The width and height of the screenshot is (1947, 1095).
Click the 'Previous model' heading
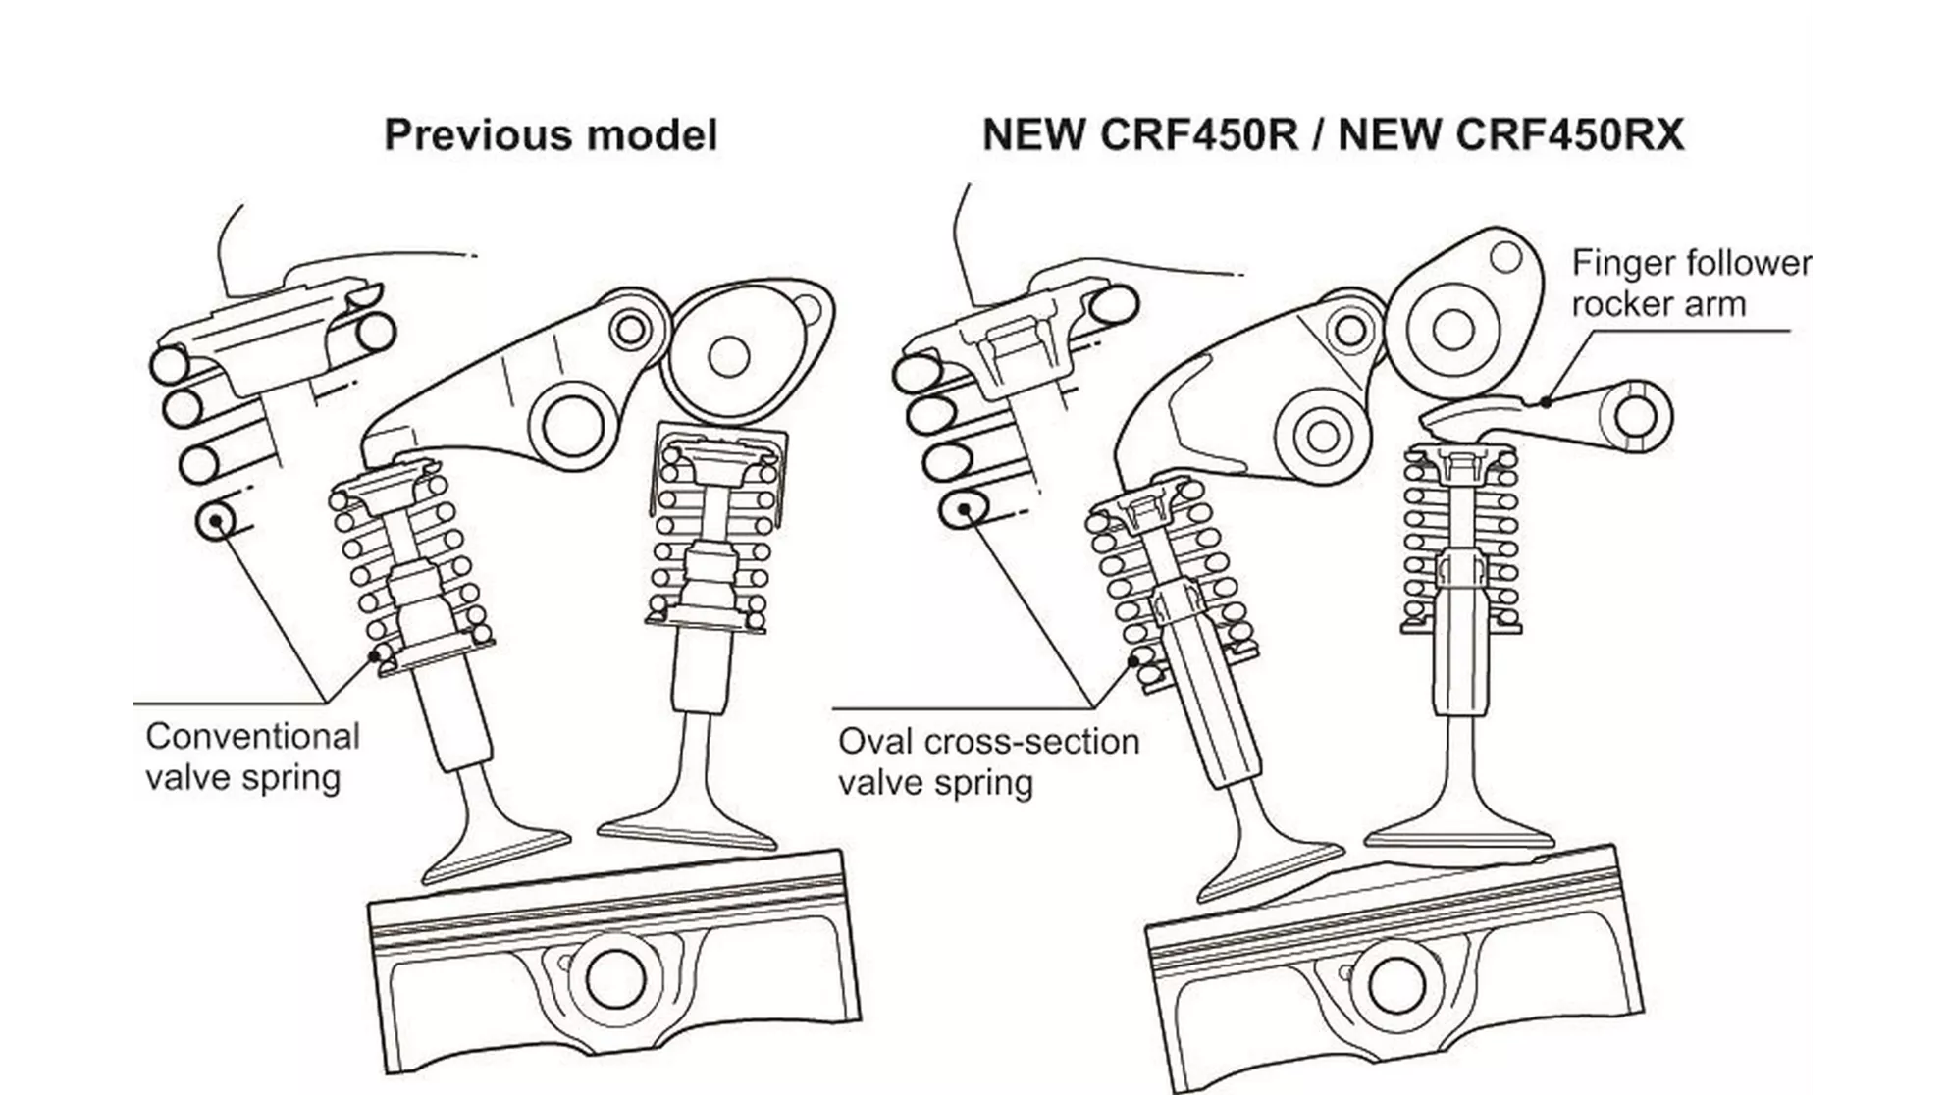(x=551, y=135)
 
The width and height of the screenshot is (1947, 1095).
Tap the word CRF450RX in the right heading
(x=1569, y=135)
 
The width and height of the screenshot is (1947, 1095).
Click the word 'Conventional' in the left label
(x=252, y=736)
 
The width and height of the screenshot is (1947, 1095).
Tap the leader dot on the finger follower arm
(x=1547, y=401)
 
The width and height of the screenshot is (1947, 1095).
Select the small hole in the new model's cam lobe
(x=1504, y=259)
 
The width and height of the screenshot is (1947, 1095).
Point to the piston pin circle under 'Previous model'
(x=615, y=977)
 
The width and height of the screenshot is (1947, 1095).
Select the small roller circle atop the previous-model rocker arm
(x=629, y=330)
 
